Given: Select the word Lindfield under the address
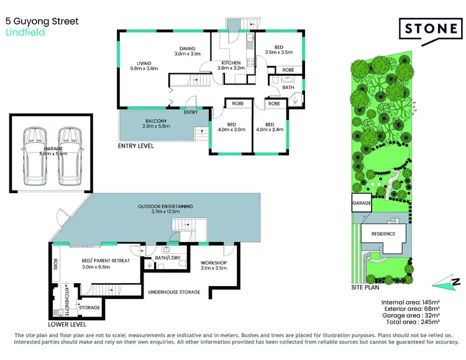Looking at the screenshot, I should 25,33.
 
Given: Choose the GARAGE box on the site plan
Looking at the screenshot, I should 361,204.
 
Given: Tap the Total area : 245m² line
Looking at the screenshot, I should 413,323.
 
